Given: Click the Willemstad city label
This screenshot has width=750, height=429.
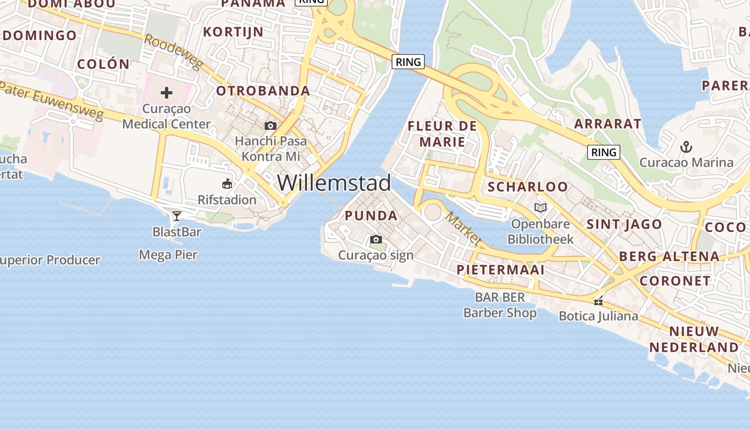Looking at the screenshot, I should click(334, 183).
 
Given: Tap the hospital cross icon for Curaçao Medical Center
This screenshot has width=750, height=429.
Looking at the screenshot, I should click(167, 93).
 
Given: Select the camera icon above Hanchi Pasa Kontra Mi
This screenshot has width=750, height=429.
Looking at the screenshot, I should click(271, 125).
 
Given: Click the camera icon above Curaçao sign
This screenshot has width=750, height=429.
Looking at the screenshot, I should click(376, 239).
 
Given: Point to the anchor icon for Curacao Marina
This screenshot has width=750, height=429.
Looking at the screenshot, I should click(686, 146).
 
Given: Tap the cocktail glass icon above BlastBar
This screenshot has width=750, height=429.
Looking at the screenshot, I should click(177, 216).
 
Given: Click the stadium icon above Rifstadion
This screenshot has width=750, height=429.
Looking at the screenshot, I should click(227, 184).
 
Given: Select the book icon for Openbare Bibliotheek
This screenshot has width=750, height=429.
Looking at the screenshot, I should click(541, 208).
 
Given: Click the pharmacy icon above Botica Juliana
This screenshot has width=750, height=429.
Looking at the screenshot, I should click(598, 301).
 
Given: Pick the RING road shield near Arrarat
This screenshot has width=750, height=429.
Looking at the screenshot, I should click(604, 152).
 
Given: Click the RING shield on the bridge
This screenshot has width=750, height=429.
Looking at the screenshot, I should click(408, 62).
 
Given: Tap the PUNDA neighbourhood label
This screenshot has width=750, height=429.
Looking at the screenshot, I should click(371, 216).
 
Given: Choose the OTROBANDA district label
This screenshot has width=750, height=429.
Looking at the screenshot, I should click(263, 91).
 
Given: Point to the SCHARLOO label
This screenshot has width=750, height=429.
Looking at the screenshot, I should click(528, 187).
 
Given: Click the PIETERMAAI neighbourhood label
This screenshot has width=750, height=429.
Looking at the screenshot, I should click(500, 270).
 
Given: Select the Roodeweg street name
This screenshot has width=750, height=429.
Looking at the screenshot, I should click(174, 52).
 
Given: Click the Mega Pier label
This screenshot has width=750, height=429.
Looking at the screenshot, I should click(168, 255).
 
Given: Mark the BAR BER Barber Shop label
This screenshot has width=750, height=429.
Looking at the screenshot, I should click(500, 305).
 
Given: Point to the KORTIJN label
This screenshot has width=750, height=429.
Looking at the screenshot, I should click(233, 32).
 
